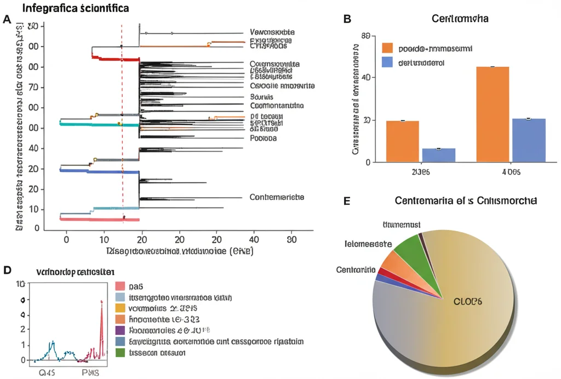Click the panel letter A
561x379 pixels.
tap(7, 20)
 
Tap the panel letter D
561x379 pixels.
tap(7, 270)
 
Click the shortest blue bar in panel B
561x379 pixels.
tap(438, 155)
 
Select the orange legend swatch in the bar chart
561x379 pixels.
tap(388, 48)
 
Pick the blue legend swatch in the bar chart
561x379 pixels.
tap(388, 62)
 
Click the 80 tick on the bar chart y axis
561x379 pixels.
tap(367, 36)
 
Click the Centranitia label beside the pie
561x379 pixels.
tap(356, 270)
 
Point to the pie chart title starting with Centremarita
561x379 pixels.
tap(466, 201)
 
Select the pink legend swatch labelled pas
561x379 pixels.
tap(121, 286)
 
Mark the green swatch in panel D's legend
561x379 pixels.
tap(121, 353)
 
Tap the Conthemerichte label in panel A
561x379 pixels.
tap(277, 197)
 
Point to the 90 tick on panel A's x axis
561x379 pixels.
tap(292, 239)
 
